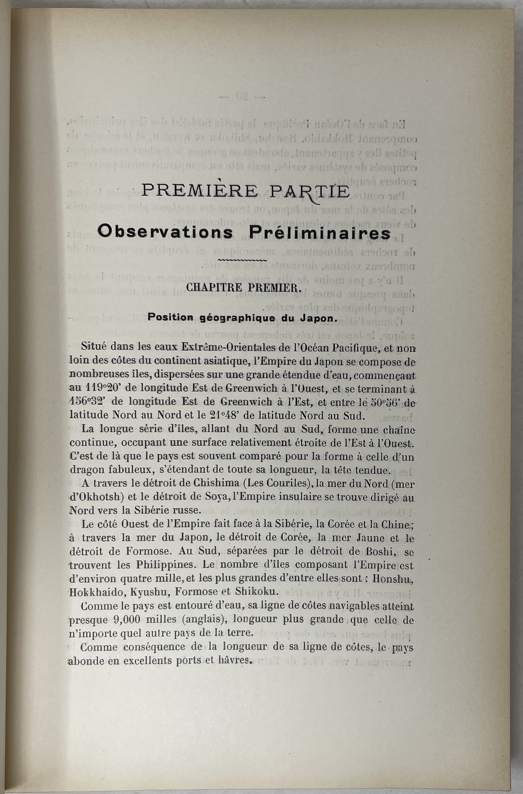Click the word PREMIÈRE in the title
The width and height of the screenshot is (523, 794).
pyautogui.click(x=199, y=190)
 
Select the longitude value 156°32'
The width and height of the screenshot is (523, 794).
pyautogui.click(x=89, y=402)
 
